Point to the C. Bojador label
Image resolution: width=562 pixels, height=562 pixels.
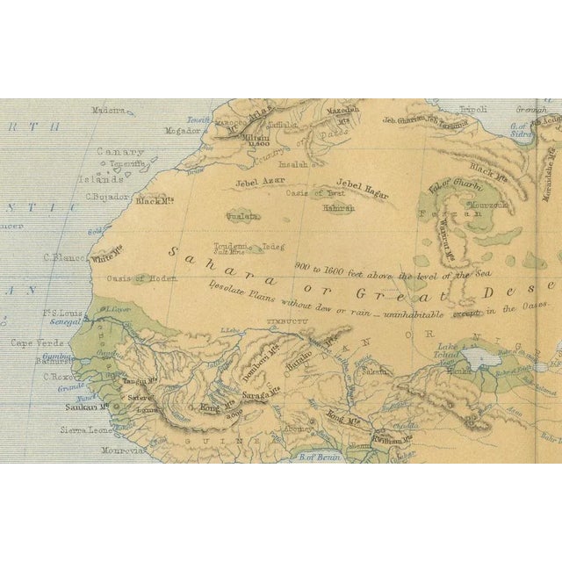[107, 197]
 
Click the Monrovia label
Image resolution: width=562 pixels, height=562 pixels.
[121, 450]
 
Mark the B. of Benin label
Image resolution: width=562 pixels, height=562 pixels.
[320, 455]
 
